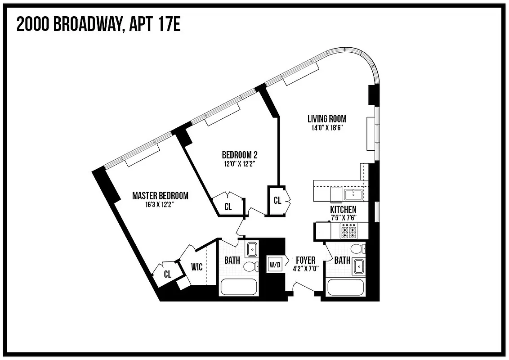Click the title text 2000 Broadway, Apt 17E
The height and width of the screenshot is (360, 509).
(x=98, y=25)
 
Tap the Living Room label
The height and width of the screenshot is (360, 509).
(x=327, y=119)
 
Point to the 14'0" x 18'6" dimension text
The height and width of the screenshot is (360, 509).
(x=327, y=127)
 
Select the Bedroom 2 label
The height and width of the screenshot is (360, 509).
(x=239, y=155)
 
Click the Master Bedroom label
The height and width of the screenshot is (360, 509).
(x=160, y=196)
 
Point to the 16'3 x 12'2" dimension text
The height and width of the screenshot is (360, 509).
(x=160, y=204)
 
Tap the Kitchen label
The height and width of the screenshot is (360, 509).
(x=343, y=210)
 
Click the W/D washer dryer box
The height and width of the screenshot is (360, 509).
(x=275, y=265)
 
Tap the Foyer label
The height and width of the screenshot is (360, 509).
(x=305, y=260)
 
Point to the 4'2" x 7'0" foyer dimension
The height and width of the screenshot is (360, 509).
(x=305, y=269)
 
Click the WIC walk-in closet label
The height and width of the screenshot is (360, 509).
(x=196, y=267)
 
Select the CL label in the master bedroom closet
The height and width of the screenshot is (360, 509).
(x=167, y=274)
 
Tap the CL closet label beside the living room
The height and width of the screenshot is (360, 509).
(x=277, y=201)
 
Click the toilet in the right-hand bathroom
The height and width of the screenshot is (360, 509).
(x=358, y=249)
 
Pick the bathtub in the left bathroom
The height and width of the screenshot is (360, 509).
(x=239, y=288)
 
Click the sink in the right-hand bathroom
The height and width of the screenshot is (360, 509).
(x=358, y=266)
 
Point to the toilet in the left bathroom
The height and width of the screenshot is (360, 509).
(x=250, y=267)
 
